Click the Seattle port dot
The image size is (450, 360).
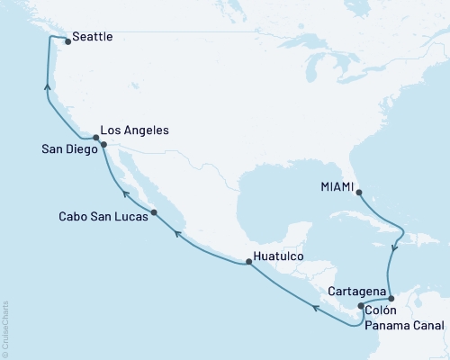(67, 40)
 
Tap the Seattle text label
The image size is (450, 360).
(93, 38)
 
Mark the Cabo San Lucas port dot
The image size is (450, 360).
(155, 212)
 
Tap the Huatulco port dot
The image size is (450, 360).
(248, 262)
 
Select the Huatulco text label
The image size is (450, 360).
(280, 256)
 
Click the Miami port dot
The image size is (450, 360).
(358, 192)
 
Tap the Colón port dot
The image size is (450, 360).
(361, 306)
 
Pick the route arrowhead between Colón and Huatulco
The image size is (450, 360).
(315, 309)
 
